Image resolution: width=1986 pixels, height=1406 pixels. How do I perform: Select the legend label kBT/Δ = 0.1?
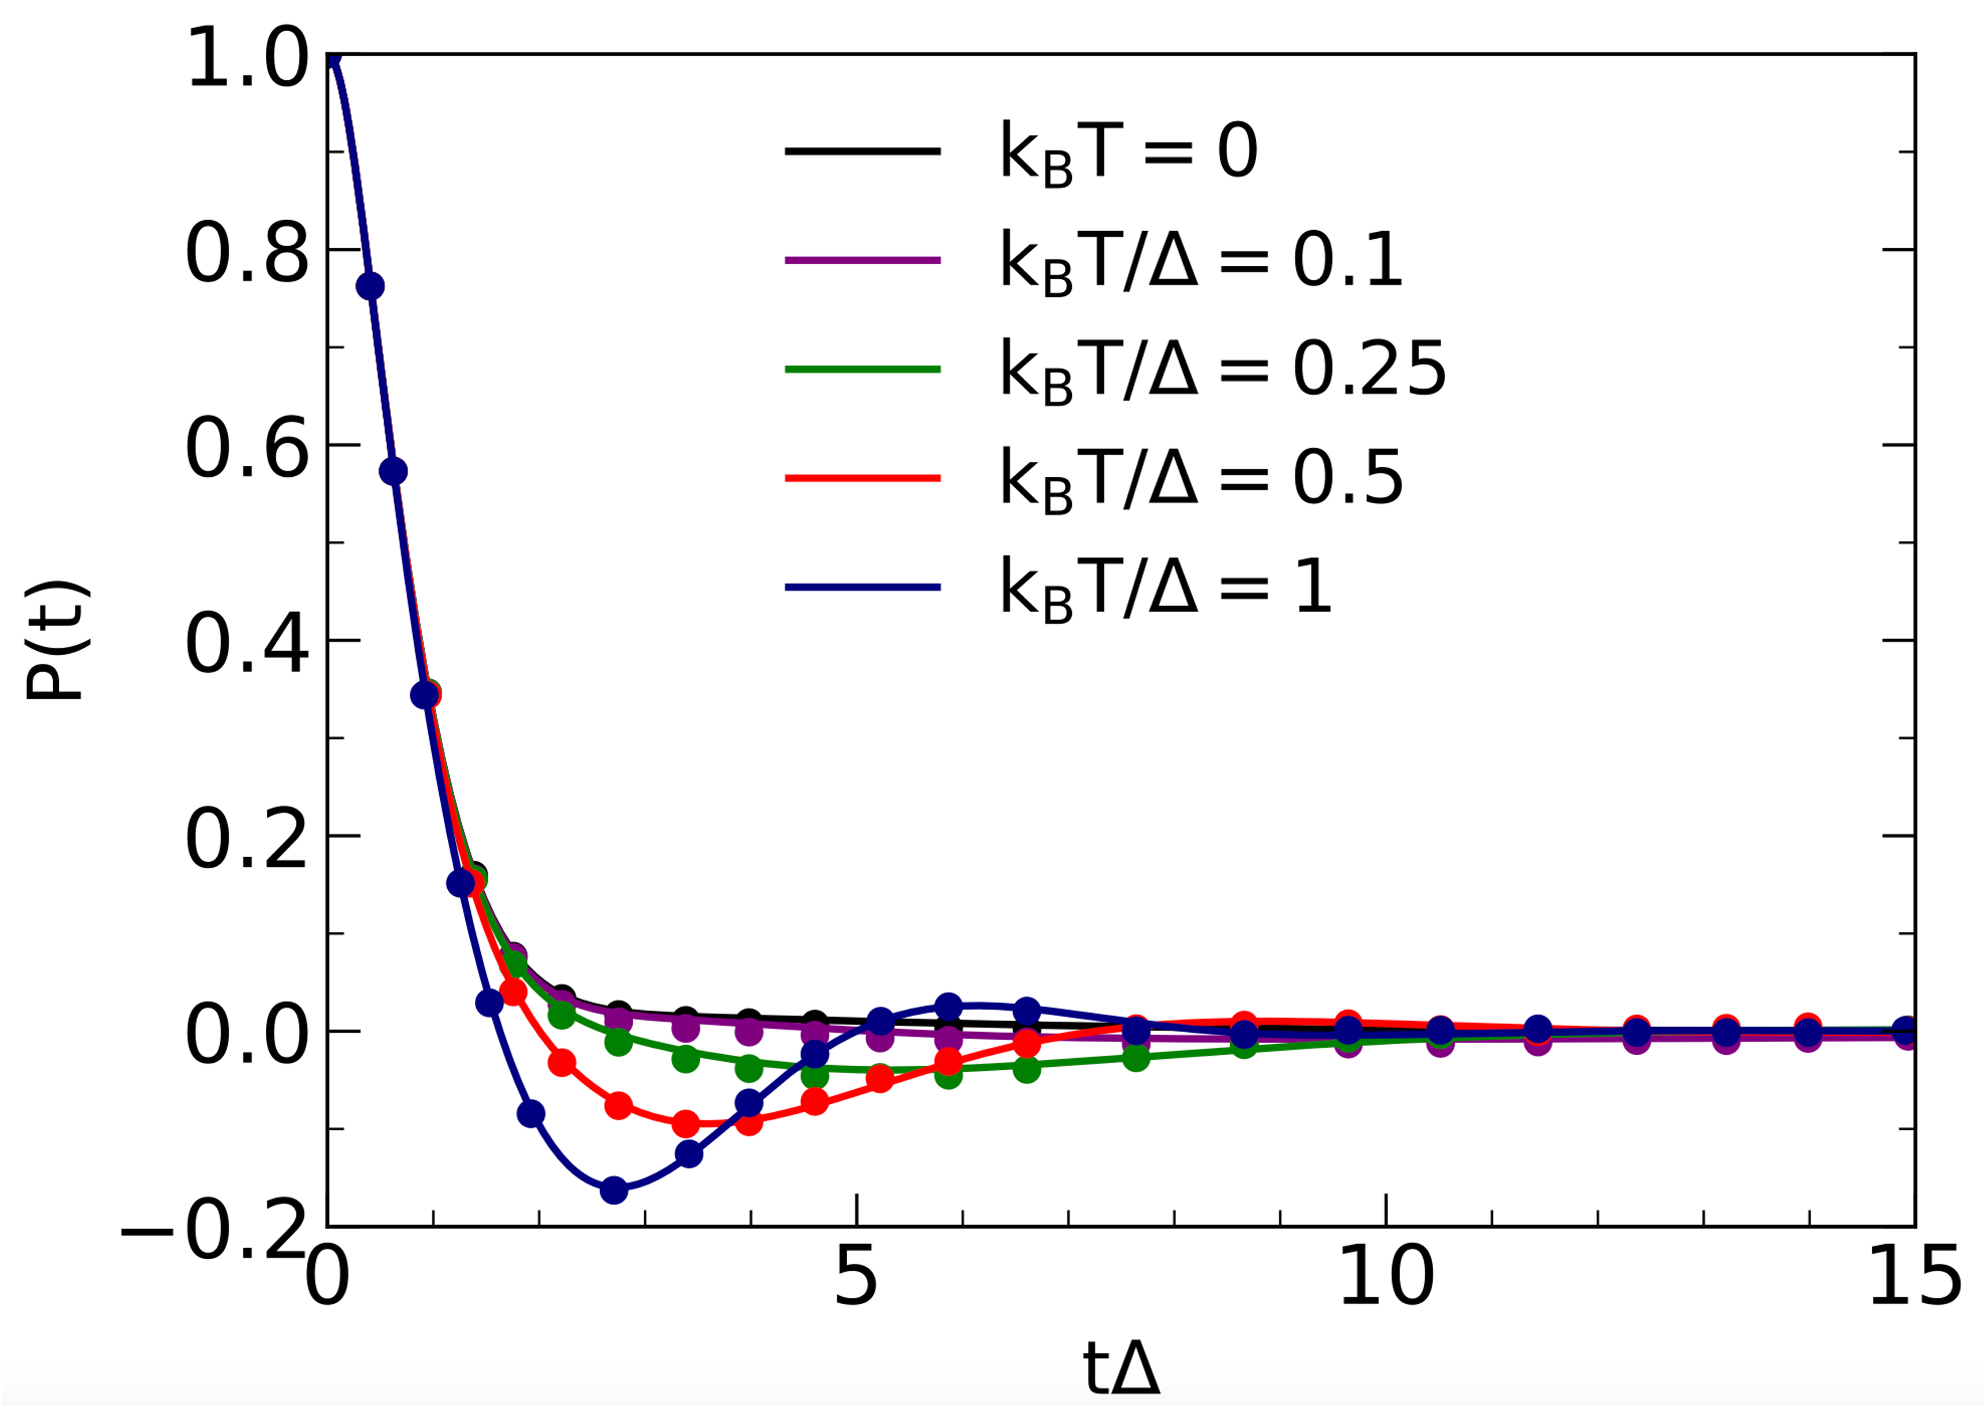click(x=1200, y=261)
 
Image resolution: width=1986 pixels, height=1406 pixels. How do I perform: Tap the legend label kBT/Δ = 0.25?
click(x=1222, y=370)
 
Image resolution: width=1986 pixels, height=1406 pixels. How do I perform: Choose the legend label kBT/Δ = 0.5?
click(x=1200, y=478)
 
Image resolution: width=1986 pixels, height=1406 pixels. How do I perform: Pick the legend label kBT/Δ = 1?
click(x=1164, y=588)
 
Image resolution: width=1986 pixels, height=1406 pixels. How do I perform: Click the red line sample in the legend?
click(x=862, y=478)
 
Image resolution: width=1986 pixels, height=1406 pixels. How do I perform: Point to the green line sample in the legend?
click(x=862, y=370)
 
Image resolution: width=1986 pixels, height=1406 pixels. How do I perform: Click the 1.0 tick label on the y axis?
click(x=247, y=58)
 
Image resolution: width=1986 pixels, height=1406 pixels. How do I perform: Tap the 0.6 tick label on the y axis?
click(x=247, y=448)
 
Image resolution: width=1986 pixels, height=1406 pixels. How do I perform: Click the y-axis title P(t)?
click(x=55, y=641)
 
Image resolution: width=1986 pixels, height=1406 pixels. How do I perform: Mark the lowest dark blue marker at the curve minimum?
click(x=614, y=1190)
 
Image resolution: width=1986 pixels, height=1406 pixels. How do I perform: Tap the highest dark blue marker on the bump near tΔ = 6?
click(x=949, y=1007)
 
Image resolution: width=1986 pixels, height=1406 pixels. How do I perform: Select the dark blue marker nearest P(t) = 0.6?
click(x=393, y=472)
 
